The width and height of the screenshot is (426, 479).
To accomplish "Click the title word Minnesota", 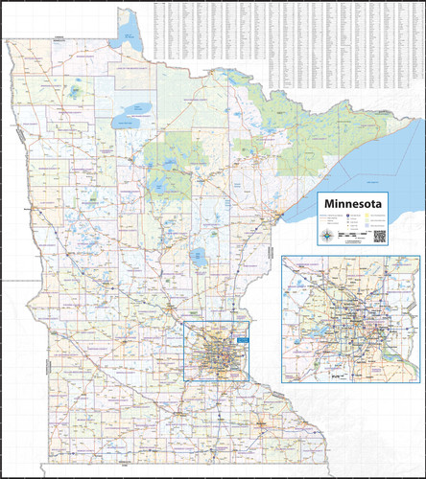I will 354,204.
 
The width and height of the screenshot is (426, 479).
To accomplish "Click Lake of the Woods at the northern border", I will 130,38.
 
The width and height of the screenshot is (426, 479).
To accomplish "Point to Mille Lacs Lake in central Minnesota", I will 200,257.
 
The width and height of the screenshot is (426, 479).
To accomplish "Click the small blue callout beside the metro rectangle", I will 243,338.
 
